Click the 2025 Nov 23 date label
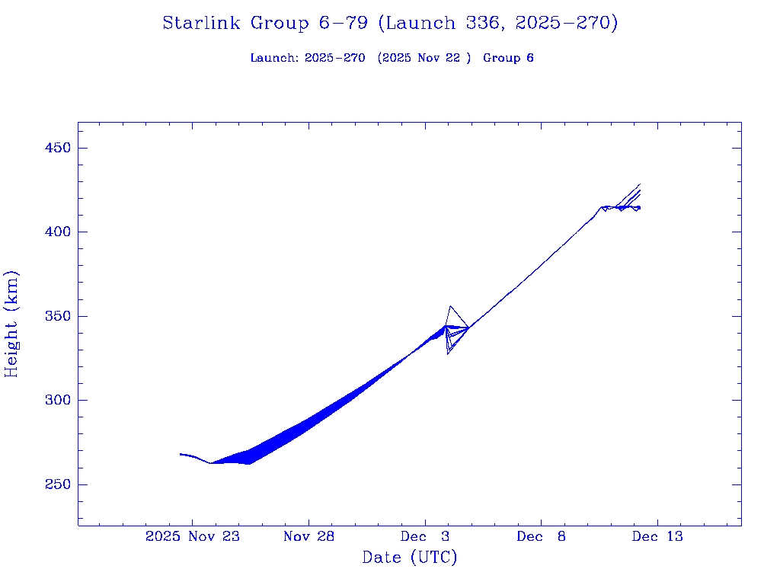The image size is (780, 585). point(192,536)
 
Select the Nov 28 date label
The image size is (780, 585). point(308,536)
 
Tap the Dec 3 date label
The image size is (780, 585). point(425,536)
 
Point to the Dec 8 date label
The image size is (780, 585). point(541,536)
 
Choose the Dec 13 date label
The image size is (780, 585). point(657,536)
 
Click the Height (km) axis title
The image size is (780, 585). point(11,324)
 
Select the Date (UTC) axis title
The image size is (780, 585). point(409,558)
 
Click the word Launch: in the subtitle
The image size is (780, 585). point(274,58)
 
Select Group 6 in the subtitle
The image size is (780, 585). point(508,58)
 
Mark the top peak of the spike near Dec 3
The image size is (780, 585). point(451,306)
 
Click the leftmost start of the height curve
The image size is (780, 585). point(181,454)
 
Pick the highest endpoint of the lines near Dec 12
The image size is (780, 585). point(640,184)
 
